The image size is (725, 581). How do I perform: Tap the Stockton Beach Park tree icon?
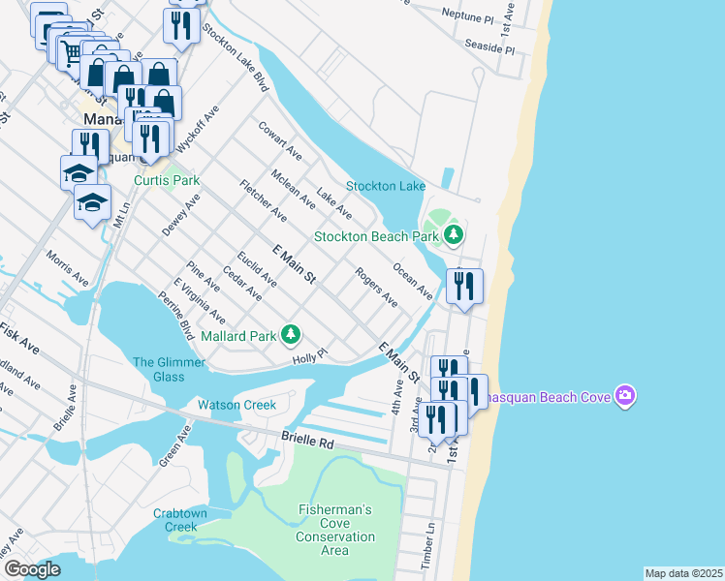pyautogui.click(x=453, y=235)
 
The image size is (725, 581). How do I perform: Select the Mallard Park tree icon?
pyautogui.click(x=290, y=335)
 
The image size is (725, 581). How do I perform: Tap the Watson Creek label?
pyautogui.click(x=236, y=405)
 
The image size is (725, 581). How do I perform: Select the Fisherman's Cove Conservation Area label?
pyautogui.click(x=334, y=530)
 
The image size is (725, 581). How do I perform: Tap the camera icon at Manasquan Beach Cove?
pyautogui.click(x=625, y=397)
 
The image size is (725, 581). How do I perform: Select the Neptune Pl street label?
pyautogui.click(x=466, y=17)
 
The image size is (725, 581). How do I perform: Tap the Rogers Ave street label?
pyautogui.click(x=376, y=288)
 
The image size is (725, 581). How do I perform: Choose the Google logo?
pyautogui.click(x=32, y=569)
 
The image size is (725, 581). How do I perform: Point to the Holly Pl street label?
pyautogui.click(x=311, y=358)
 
